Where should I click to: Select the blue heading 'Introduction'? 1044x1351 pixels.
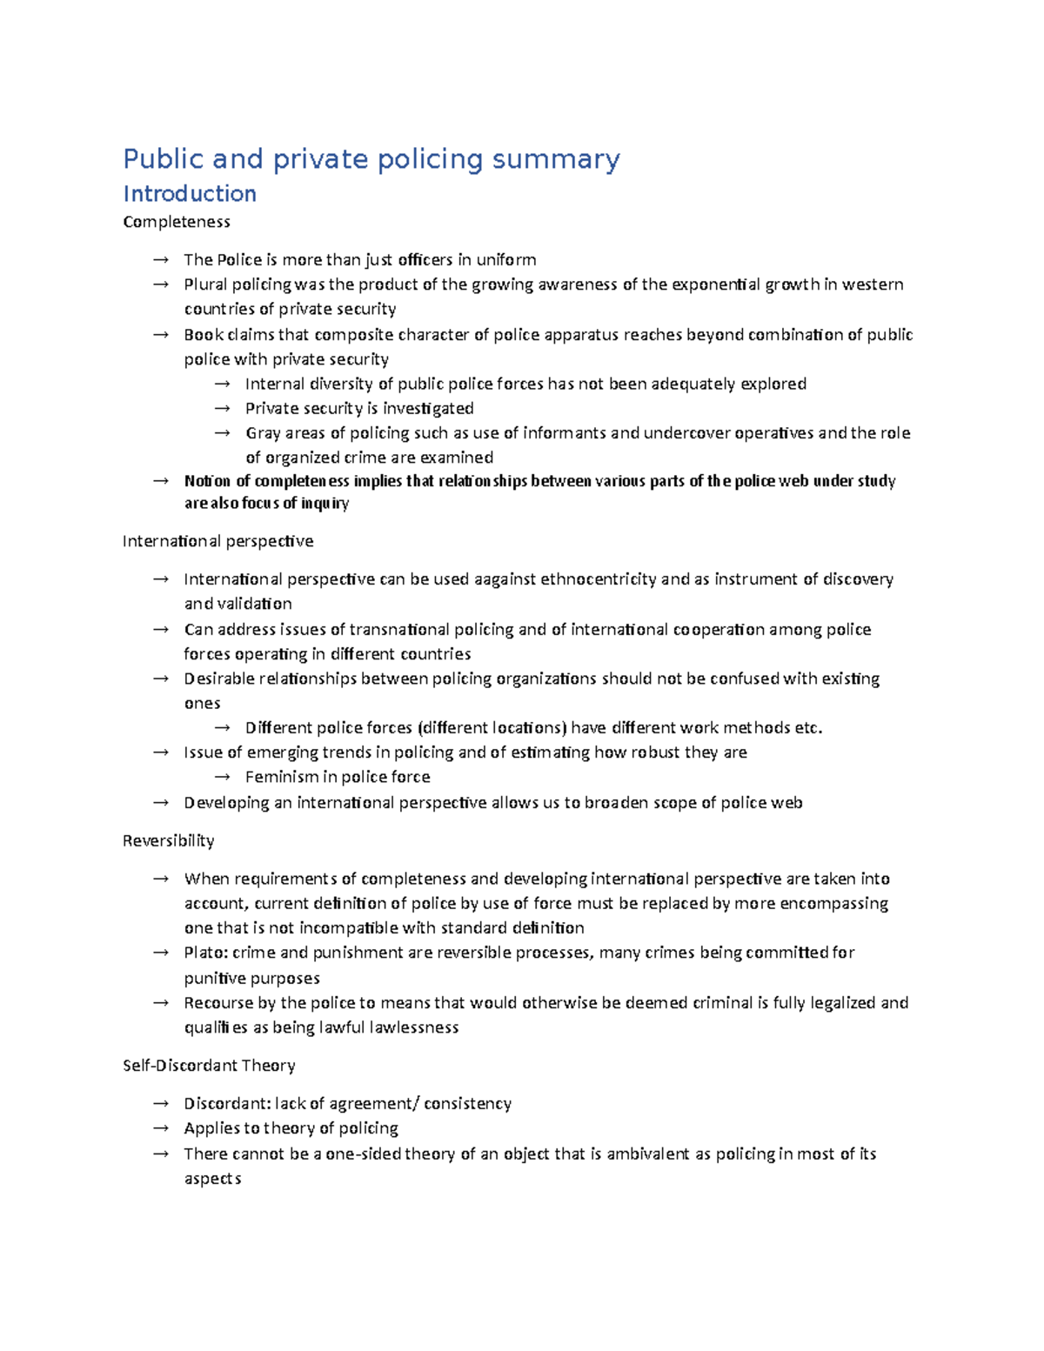190,193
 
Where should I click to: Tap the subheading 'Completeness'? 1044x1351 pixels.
177,222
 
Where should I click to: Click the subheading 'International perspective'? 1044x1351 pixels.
217,541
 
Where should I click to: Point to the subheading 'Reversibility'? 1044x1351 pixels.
168,840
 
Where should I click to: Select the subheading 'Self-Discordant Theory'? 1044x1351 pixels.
209,1066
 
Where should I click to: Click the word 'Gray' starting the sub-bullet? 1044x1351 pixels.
263,433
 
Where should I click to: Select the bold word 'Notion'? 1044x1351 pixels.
207,481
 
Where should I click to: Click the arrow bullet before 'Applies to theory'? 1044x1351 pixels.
160,1128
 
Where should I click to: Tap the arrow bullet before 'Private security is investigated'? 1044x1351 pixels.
222,409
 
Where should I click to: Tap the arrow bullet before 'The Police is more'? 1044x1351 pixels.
160,260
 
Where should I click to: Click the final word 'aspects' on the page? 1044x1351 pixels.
212,1179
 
